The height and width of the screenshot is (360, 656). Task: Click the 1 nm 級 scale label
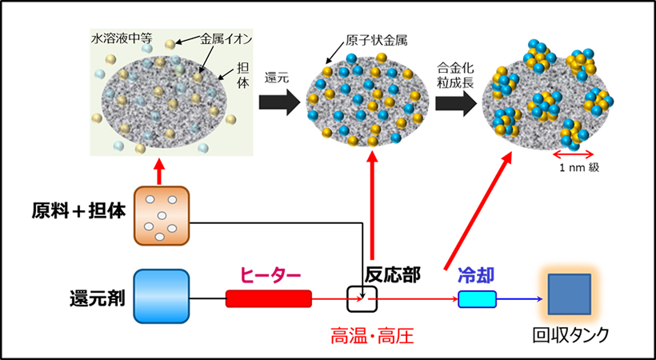pos(570,169)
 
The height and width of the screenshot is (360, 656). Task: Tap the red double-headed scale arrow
pos(570,153)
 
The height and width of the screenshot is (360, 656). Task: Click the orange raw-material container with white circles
pos(162,215)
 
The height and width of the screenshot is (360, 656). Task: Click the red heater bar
pos(268,298)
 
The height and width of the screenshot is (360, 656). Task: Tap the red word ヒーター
pos(271,275)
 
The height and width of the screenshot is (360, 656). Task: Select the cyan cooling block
pos(477,298)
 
